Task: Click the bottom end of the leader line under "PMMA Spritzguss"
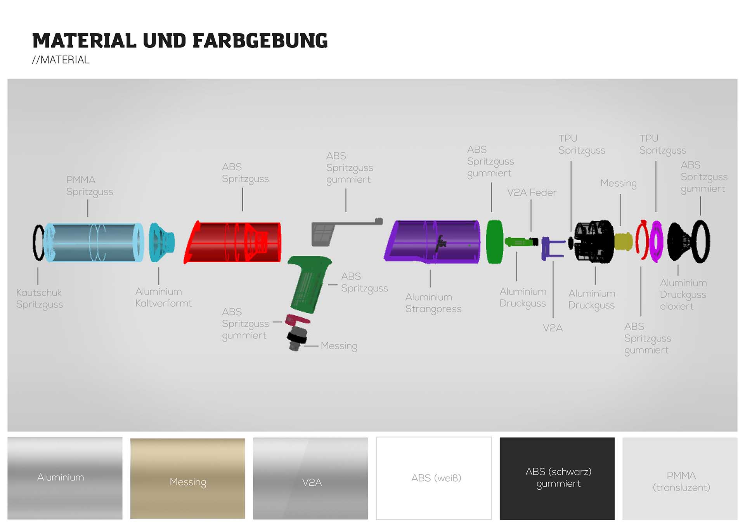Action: (x=88, y=217)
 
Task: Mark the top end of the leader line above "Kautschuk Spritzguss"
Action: (x=38, y=267)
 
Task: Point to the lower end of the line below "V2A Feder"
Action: (x=531, y=232)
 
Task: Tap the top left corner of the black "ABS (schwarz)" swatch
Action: (x=500, y=438)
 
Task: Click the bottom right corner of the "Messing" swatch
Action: (x=245, y=518)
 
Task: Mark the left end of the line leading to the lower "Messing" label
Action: (x=304, y=345)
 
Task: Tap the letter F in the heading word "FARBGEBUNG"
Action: (x=198, y=41)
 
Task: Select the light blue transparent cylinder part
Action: (x=94, y=243)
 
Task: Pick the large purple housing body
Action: (x=432, y=241)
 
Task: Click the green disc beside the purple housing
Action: (x=495, y=242)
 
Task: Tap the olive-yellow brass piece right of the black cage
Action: (x=623, y=241)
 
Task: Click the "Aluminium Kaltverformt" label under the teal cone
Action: (x=163, y=297)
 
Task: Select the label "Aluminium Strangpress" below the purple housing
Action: (x=433, y=303)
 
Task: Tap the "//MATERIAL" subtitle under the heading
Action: (x=61, y=60)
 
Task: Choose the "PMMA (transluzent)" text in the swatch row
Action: (x=681, y=482)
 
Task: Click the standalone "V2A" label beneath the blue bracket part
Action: (x=553, y=328)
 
